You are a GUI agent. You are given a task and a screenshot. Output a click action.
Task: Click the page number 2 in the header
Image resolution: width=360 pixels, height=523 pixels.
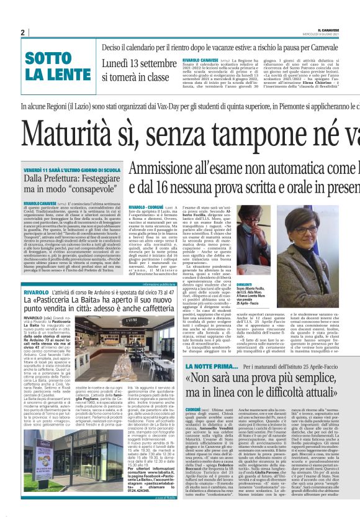point(22,32)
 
